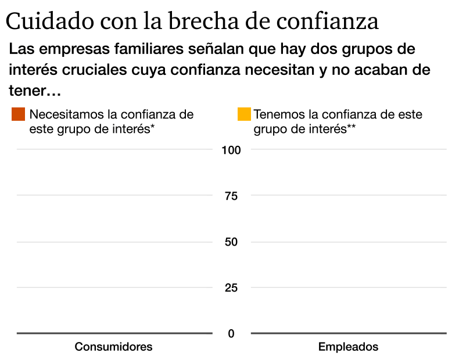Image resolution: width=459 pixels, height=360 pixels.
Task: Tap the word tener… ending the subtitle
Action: coord(35,91)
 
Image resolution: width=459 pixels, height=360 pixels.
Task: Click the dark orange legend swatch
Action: coord(18,114)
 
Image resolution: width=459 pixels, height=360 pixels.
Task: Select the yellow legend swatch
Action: coord(244,114)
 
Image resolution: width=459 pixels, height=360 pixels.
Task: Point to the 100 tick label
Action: coord(231,150)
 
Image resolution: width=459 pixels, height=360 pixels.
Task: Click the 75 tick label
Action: coord(231,196)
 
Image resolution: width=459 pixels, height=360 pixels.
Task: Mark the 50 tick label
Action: coord(231,242)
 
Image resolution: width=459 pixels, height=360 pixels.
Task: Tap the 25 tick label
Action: coord(231,288)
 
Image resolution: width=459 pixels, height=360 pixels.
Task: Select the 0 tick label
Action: coord(231,334)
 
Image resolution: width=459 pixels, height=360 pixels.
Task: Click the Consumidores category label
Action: coord(114,347)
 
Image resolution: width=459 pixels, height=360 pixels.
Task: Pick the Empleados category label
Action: coord(348,347)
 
